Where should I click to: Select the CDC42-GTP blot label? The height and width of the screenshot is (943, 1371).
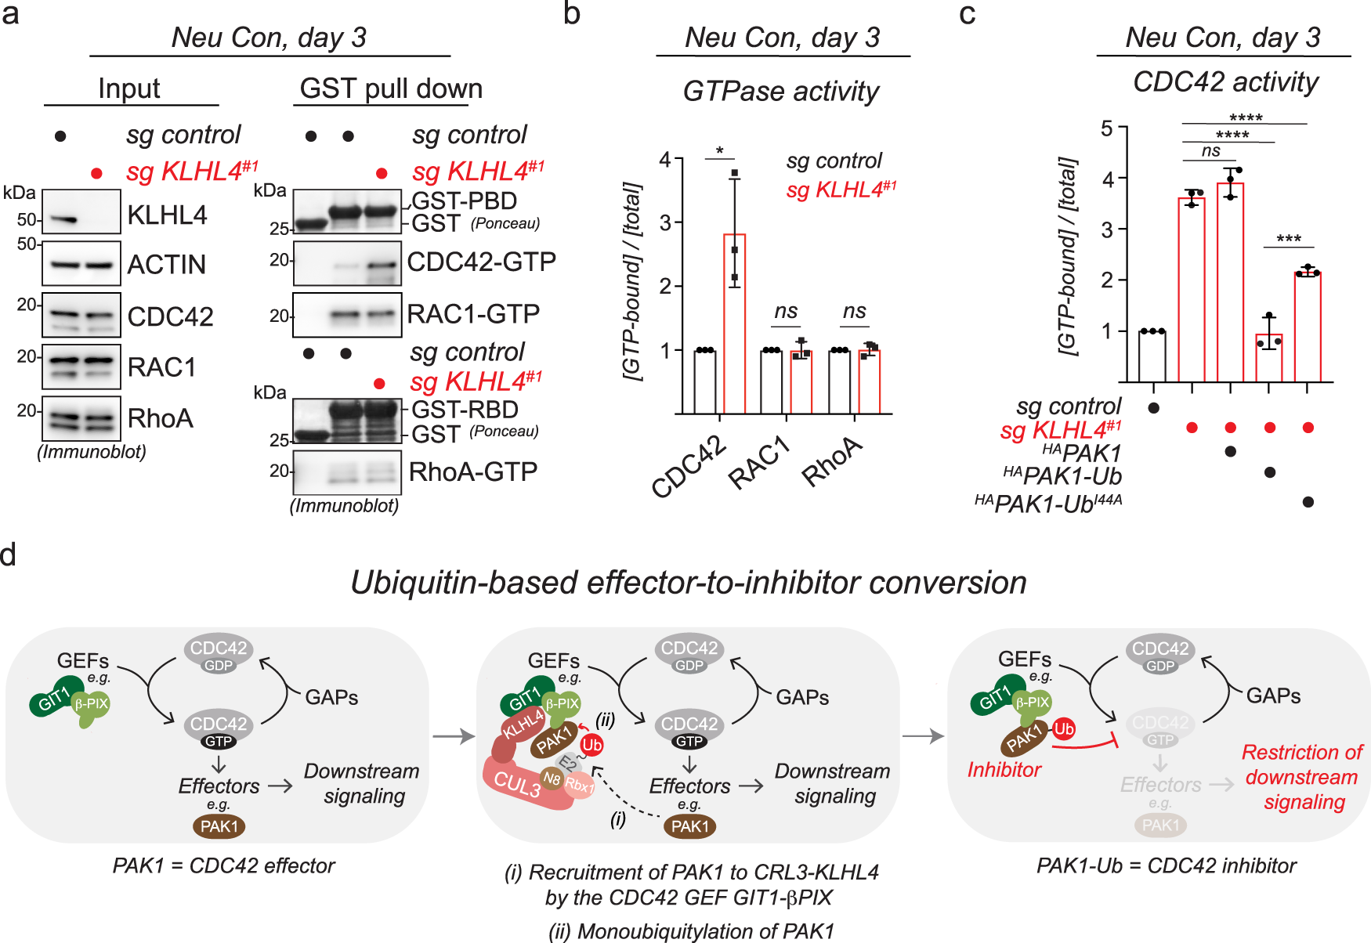coord(481,262)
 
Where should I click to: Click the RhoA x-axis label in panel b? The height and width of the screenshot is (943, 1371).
coord(833,462)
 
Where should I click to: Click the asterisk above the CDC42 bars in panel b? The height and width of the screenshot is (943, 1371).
coord(719,150)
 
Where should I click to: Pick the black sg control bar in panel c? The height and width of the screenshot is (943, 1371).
coord(1152,356)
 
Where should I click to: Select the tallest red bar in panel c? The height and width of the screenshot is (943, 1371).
coord(1230,282)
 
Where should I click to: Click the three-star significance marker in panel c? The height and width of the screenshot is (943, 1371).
coord(1288,239)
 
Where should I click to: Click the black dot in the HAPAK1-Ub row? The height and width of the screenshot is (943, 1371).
coord(1269,472)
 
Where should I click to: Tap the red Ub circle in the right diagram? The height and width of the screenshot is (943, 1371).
coord(1063,729)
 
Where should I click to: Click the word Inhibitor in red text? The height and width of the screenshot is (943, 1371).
coord(1004,770)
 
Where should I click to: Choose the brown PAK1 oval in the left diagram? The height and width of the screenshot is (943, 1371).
coord(219,826)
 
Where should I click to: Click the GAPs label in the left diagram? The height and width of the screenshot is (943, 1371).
coord(331,697)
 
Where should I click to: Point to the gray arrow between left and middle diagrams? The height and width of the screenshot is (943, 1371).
coord(454,736)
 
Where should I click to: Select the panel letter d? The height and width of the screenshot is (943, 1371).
coord(9,555)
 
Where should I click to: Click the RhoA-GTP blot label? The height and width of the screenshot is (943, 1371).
coord(472,471)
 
